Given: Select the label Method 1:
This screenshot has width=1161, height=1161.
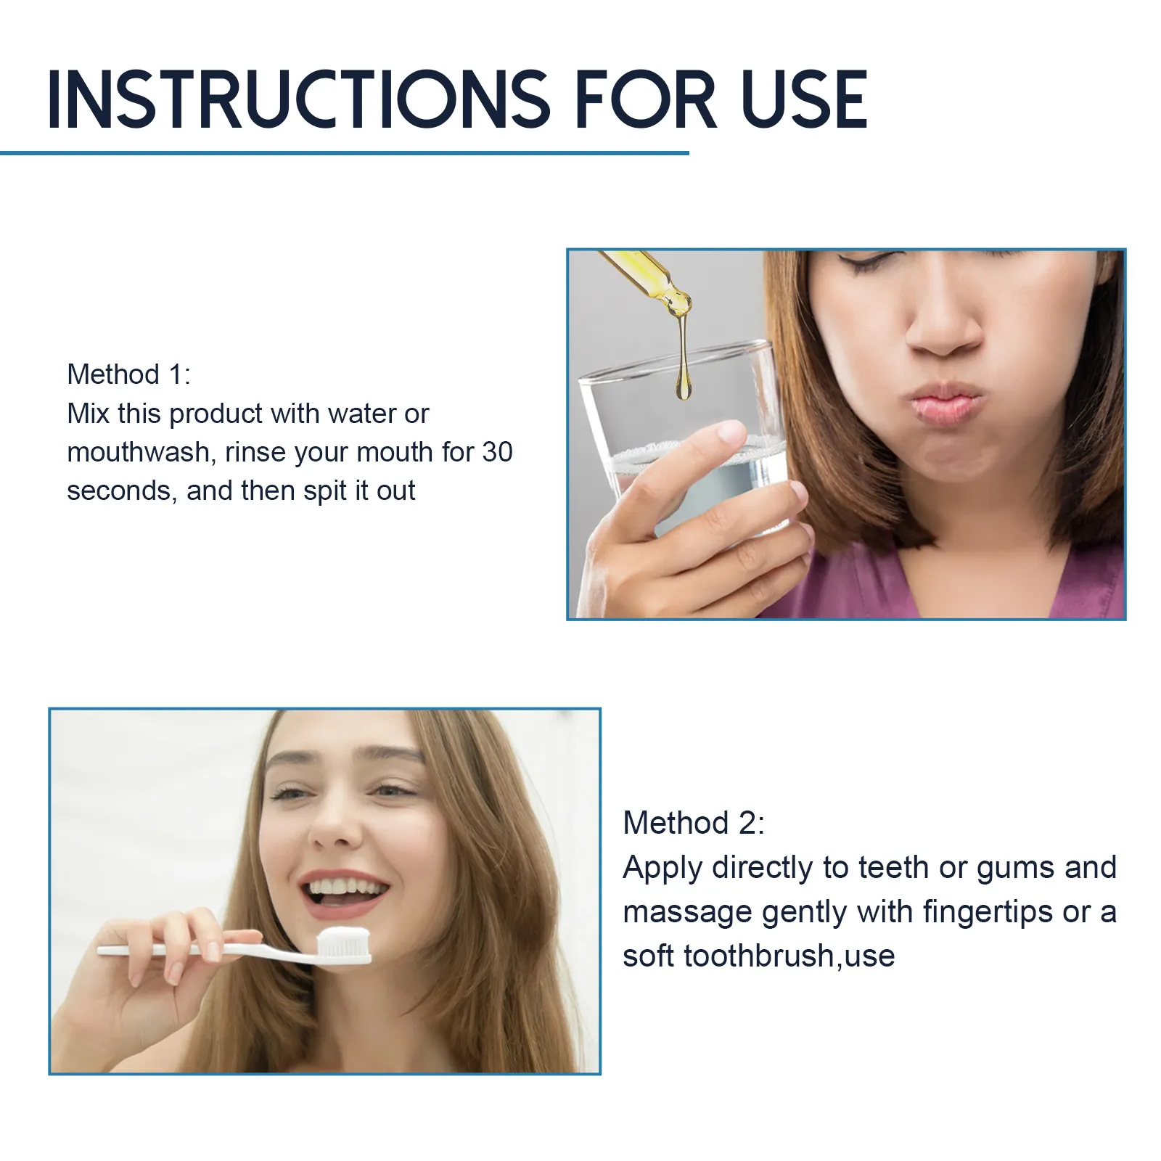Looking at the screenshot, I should pos(128,374).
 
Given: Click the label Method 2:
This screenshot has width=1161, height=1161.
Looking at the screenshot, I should pos(694,823).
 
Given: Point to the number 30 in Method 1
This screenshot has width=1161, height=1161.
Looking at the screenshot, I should pos(497,452).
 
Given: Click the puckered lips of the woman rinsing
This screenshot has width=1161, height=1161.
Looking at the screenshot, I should pos(945,403).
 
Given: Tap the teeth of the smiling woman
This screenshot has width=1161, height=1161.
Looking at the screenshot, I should pos(345,887).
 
